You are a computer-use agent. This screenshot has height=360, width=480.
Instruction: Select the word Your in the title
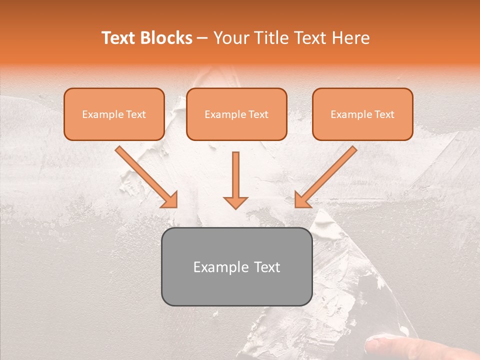coord(229,38)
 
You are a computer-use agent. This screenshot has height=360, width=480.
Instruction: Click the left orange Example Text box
coord(114,114)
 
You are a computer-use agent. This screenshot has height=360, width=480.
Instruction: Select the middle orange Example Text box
coord(236,114)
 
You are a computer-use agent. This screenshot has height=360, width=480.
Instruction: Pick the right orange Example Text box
coord(362,114)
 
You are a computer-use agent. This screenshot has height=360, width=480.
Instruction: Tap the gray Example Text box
coord(236,266)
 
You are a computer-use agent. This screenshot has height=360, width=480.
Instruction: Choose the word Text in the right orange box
coord(384,114)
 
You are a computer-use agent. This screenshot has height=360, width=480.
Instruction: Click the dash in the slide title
coord(202,38)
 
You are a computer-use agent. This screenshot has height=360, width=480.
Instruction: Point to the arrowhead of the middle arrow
coord(235,202)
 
